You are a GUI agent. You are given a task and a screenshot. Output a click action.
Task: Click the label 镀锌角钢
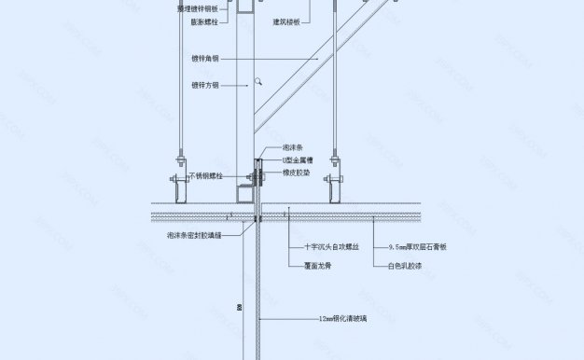point(203,58)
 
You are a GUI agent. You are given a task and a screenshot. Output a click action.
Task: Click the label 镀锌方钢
point(203,84)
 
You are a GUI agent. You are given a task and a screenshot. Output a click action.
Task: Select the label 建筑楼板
point(285,20)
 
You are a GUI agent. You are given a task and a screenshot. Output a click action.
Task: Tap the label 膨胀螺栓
point(202,20)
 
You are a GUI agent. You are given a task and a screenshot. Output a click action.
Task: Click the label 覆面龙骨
point(319,265)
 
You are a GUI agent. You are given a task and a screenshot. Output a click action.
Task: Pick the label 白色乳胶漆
point(407,265)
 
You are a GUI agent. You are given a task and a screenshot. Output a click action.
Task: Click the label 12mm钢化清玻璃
point(342,318)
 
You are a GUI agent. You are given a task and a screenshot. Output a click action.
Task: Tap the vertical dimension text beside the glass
point(239,306)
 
